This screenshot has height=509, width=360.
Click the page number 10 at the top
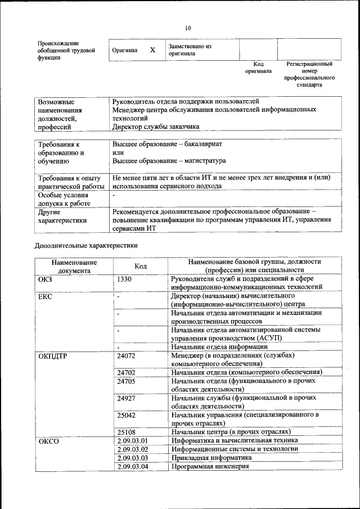point(188,28)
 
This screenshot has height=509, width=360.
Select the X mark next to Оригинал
point(152,50)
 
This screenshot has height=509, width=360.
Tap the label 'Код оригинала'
point(258,68)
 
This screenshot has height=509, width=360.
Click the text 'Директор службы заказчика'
point(156,127)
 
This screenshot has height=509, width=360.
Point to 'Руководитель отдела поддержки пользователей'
point(186,102)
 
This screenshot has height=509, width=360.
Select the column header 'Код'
point(141,266)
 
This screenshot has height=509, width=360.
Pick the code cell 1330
point(125,279)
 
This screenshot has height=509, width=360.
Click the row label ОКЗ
point(45,279)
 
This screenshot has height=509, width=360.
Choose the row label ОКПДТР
point(53,356)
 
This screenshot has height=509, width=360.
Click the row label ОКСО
point(48,441)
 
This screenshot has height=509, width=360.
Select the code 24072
point(127,356)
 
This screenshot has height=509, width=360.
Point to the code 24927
point(127,398)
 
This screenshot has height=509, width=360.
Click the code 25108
point(127,432)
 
